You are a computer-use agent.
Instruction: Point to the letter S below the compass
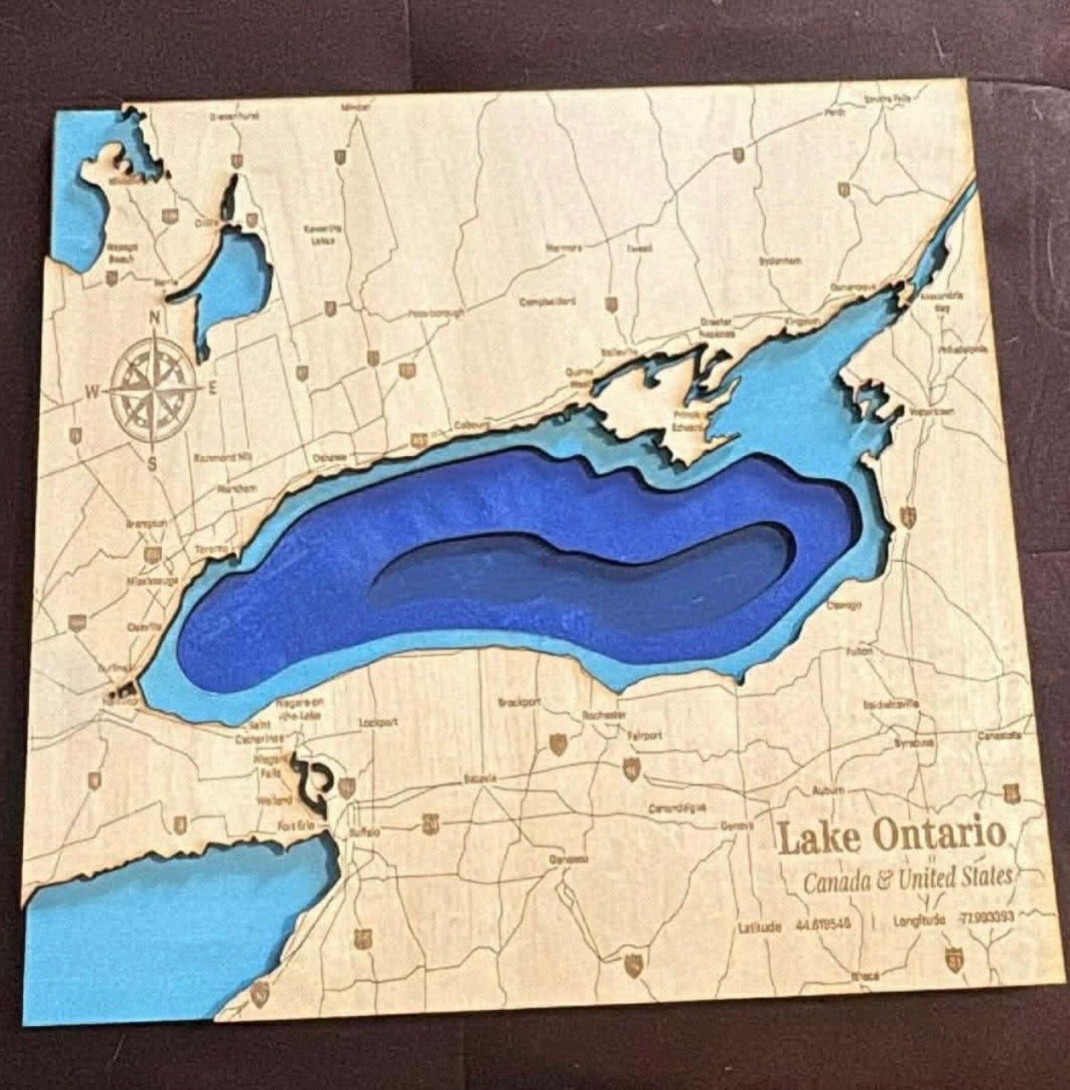click(x=152, y=464)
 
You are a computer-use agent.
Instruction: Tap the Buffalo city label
click(x=364, y=831)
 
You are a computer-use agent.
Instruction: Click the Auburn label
click(x=828, y=791)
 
